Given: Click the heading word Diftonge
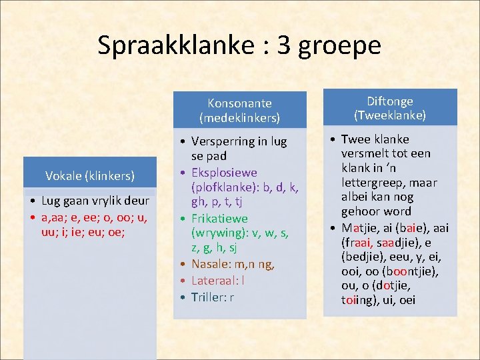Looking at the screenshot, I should point(390,101).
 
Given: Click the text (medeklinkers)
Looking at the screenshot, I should point(239,118).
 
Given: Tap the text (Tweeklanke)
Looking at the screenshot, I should point(390,115).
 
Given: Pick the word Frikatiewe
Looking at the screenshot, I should point(219,219).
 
